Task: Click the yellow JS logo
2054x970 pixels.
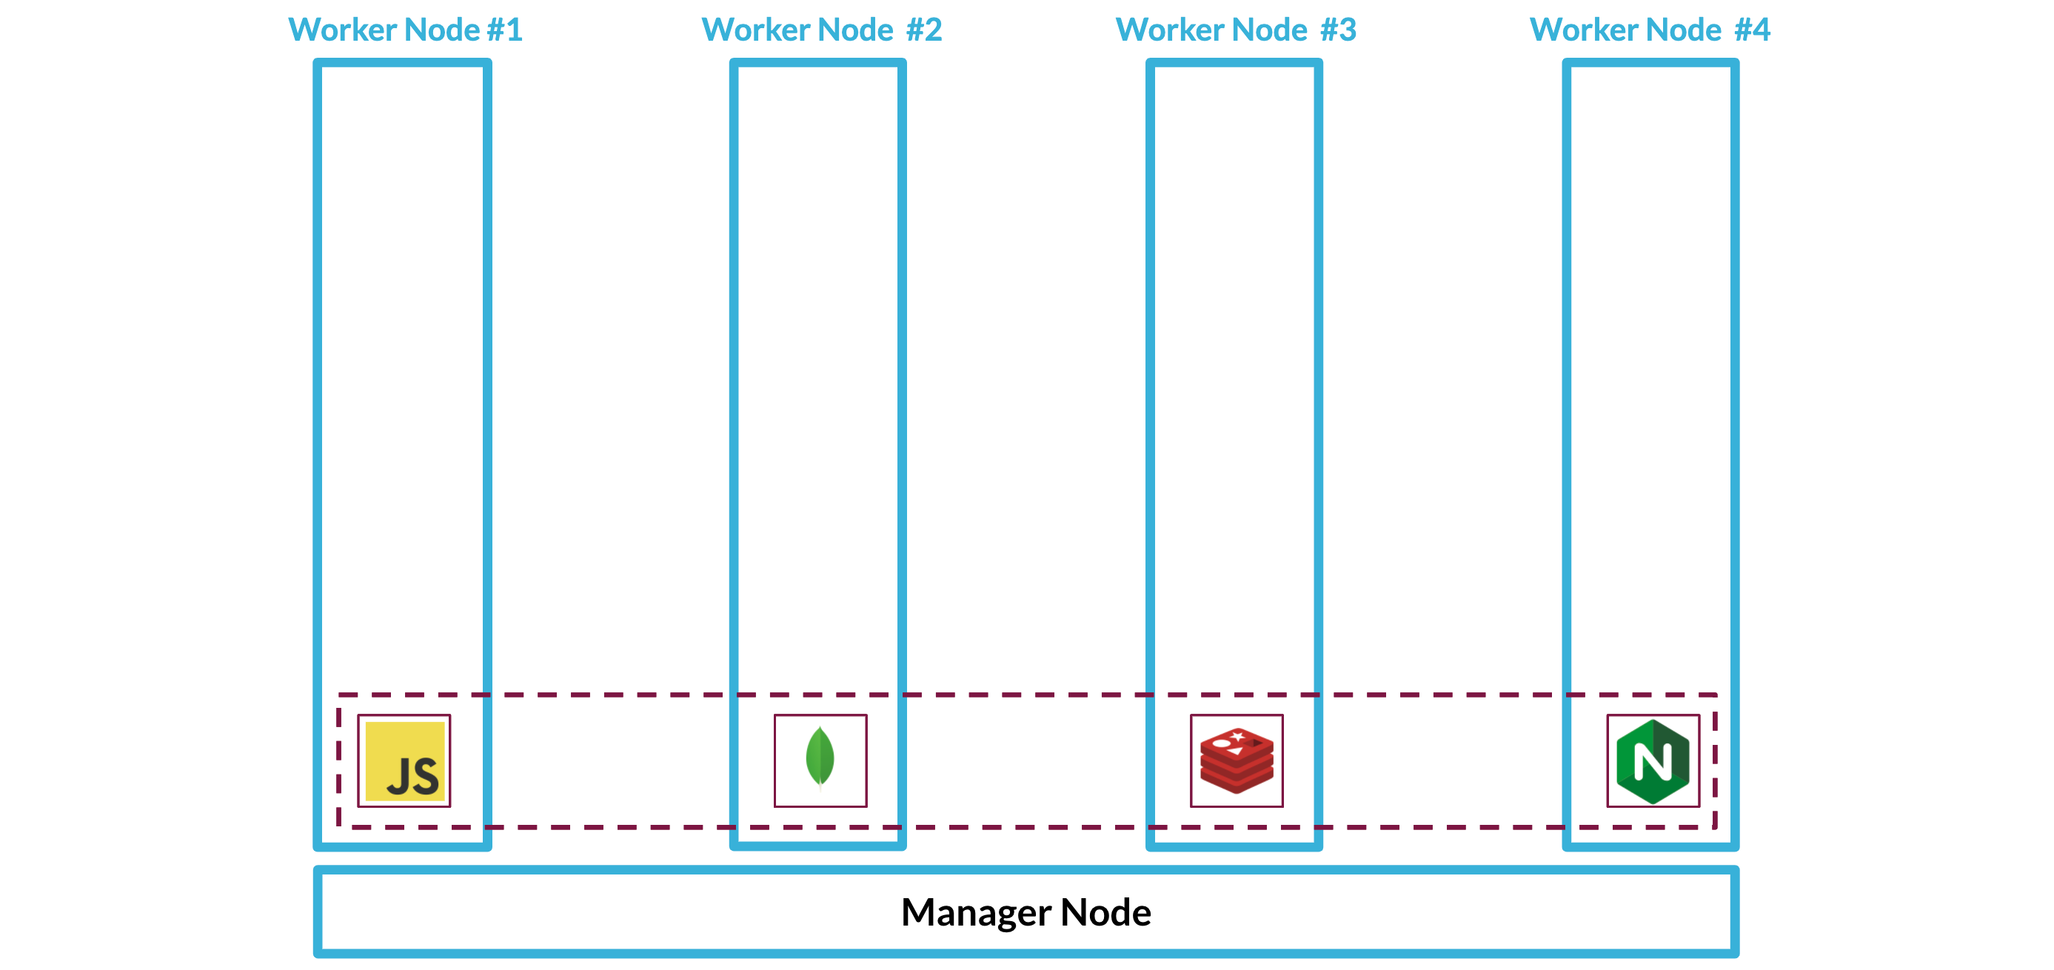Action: [x=404, y=761]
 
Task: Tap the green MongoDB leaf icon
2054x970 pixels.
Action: [x=820, y=757]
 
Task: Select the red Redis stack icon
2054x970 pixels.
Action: [x=1237, y=761]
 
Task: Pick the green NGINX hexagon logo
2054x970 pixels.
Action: [x=1653, y=761]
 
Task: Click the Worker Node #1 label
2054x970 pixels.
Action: [x=405, y=30]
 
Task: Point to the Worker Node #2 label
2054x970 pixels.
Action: [x=821, y=30]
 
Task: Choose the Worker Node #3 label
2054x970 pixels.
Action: [x=1236, y=30]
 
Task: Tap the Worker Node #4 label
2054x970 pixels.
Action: [x=1650, y=30]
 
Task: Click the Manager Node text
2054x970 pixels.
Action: [x=1026, y=912]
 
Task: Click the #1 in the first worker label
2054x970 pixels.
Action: [x=505, y=30]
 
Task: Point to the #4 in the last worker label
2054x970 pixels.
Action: [x=1752, y=30]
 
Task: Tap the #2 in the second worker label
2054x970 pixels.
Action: [x=924, y=30]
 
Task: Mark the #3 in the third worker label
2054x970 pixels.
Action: [x=1338, y=30]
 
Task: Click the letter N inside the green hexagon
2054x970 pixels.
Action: [x=1652, y=762]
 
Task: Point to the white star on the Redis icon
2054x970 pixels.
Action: [x=1237, y=735]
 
